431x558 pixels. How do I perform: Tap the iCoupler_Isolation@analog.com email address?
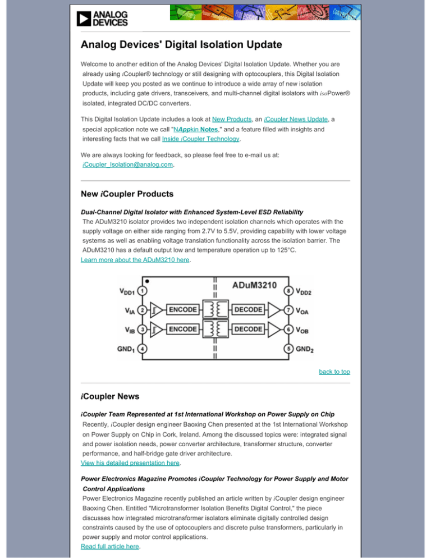pos(127,165)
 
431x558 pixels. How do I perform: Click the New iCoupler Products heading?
pos(127,194)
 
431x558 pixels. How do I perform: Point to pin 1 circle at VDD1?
pos(144,291)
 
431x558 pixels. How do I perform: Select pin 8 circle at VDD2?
pos(287,291)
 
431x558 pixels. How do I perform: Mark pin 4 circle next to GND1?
pos(144,349)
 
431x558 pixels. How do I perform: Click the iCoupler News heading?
pos(110,396)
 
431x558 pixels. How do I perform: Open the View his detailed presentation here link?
pos(131,463)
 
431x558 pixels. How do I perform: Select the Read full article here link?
pos(111,544)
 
